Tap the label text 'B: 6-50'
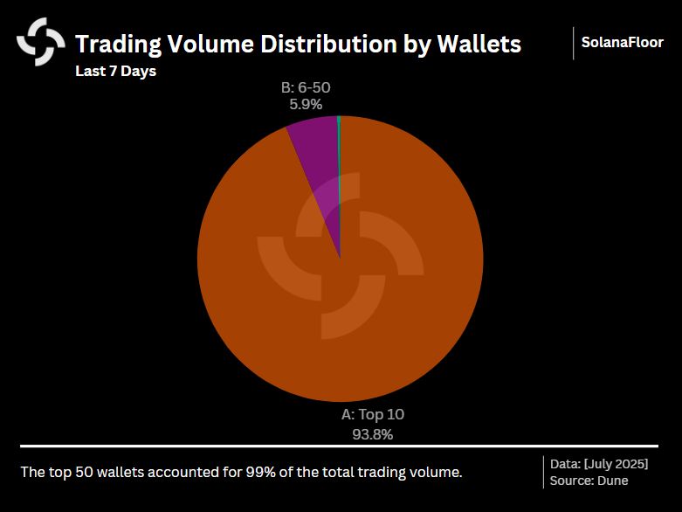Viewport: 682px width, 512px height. point(306,87)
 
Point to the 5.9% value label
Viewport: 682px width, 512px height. point(306,104)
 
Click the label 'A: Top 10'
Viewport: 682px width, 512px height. point(372,415)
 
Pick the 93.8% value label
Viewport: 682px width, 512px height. point(372,433)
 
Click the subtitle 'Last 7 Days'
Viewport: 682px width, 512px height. point(115,72)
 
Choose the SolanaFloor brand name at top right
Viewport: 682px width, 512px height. point(623,42)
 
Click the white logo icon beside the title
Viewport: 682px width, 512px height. point(41,42)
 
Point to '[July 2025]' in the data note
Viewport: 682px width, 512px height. point(616,463)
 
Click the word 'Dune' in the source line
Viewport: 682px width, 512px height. point(613,481)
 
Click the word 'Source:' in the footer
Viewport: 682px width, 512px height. point(572,481)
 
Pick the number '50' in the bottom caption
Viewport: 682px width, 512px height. point(79,473)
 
